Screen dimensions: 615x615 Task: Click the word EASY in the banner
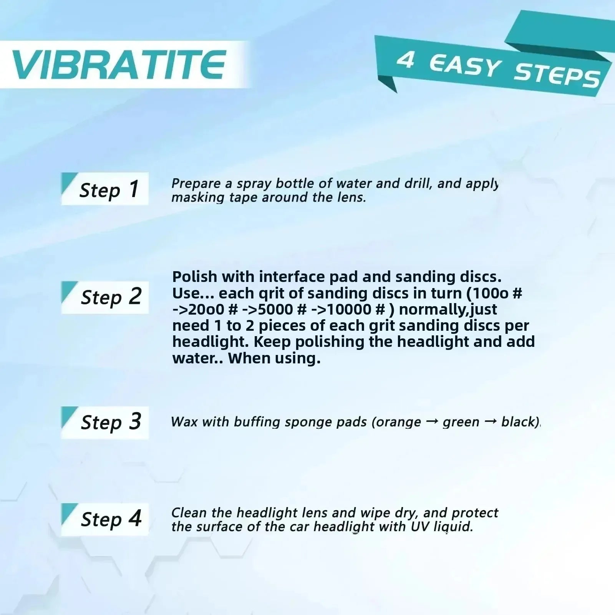click(x=465, y=66)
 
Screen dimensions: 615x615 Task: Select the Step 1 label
click(x=109, y=189)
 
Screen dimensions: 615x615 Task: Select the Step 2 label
click(x=111, y=297)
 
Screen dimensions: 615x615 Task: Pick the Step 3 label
click(x=111, y=422)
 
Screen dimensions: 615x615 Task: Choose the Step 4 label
click(x=111, y=519)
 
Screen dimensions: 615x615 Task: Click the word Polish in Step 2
click(x=195, y=277)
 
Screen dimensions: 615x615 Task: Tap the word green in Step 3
click(x=461, y=423)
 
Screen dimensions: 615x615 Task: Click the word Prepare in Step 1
click(x=196, y=184)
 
